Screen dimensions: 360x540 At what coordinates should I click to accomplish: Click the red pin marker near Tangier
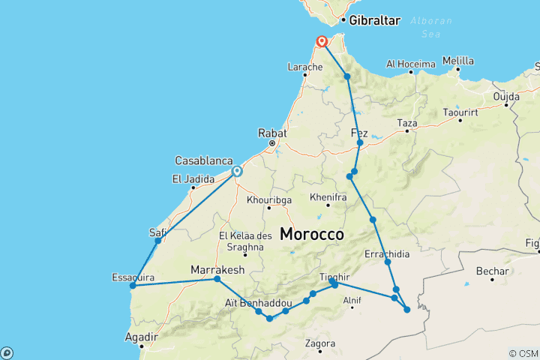click(322, 41)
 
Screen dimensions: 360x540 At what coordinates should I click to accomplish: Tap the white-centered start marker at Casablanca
click(237, 172)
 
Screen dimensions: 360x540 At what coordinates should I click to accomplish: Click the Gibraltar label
click(374, 20)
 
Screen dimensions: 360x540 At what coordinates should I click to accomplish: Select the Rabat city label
click(272, 133)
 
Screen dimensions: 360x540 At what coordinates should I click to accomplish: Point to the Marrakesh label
click(218, 269)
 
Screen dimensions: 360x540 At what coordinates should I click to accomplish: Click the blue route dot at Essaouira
click(132, 285)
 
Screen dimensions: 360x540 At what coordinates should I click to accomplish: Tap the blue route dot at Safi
click(157, 241)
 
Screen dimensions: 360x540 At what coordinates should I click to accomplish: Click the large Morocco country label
click(312, 234)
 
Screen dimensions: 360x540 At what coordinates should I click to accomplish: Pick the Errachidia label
click(387, 254)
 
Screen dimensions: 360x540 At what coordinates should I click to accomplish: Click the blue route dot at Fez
click(360, 142)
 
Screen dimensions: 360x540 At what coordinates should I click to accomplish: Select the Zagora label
click(320, 343)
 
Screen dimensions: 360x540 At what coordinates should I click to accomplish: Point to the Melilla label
click(458, 60)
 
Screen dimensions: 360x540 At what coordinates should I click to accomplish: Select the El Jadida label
click(189, 178)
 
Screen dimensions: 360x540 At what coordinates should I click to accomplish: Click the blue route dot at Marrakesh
click(217, 279)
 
